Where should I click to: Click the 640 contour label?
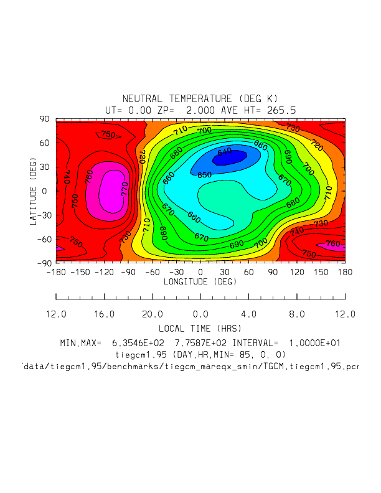pos(225,151)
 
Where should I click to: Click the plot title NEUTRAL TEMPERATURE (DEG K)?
pos(200,99)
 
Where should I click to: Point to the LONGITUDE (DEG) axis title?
pos(200,282)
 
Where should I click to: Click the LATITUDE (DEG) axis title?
pos(33,190)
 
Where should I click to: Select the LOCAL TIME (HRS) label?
pos(200,328)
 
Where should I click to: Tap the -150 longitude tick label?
pos(80,272)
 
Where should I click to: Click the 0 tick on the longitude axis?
pos(200,272)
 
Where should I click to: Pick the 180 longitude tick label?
pos(345,272)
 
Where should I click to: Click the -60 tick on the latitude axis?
pos(42,238)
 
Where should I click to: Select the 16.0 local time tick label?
pos(104,314)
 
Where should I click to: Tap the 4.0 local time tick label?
pos(248,314)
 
